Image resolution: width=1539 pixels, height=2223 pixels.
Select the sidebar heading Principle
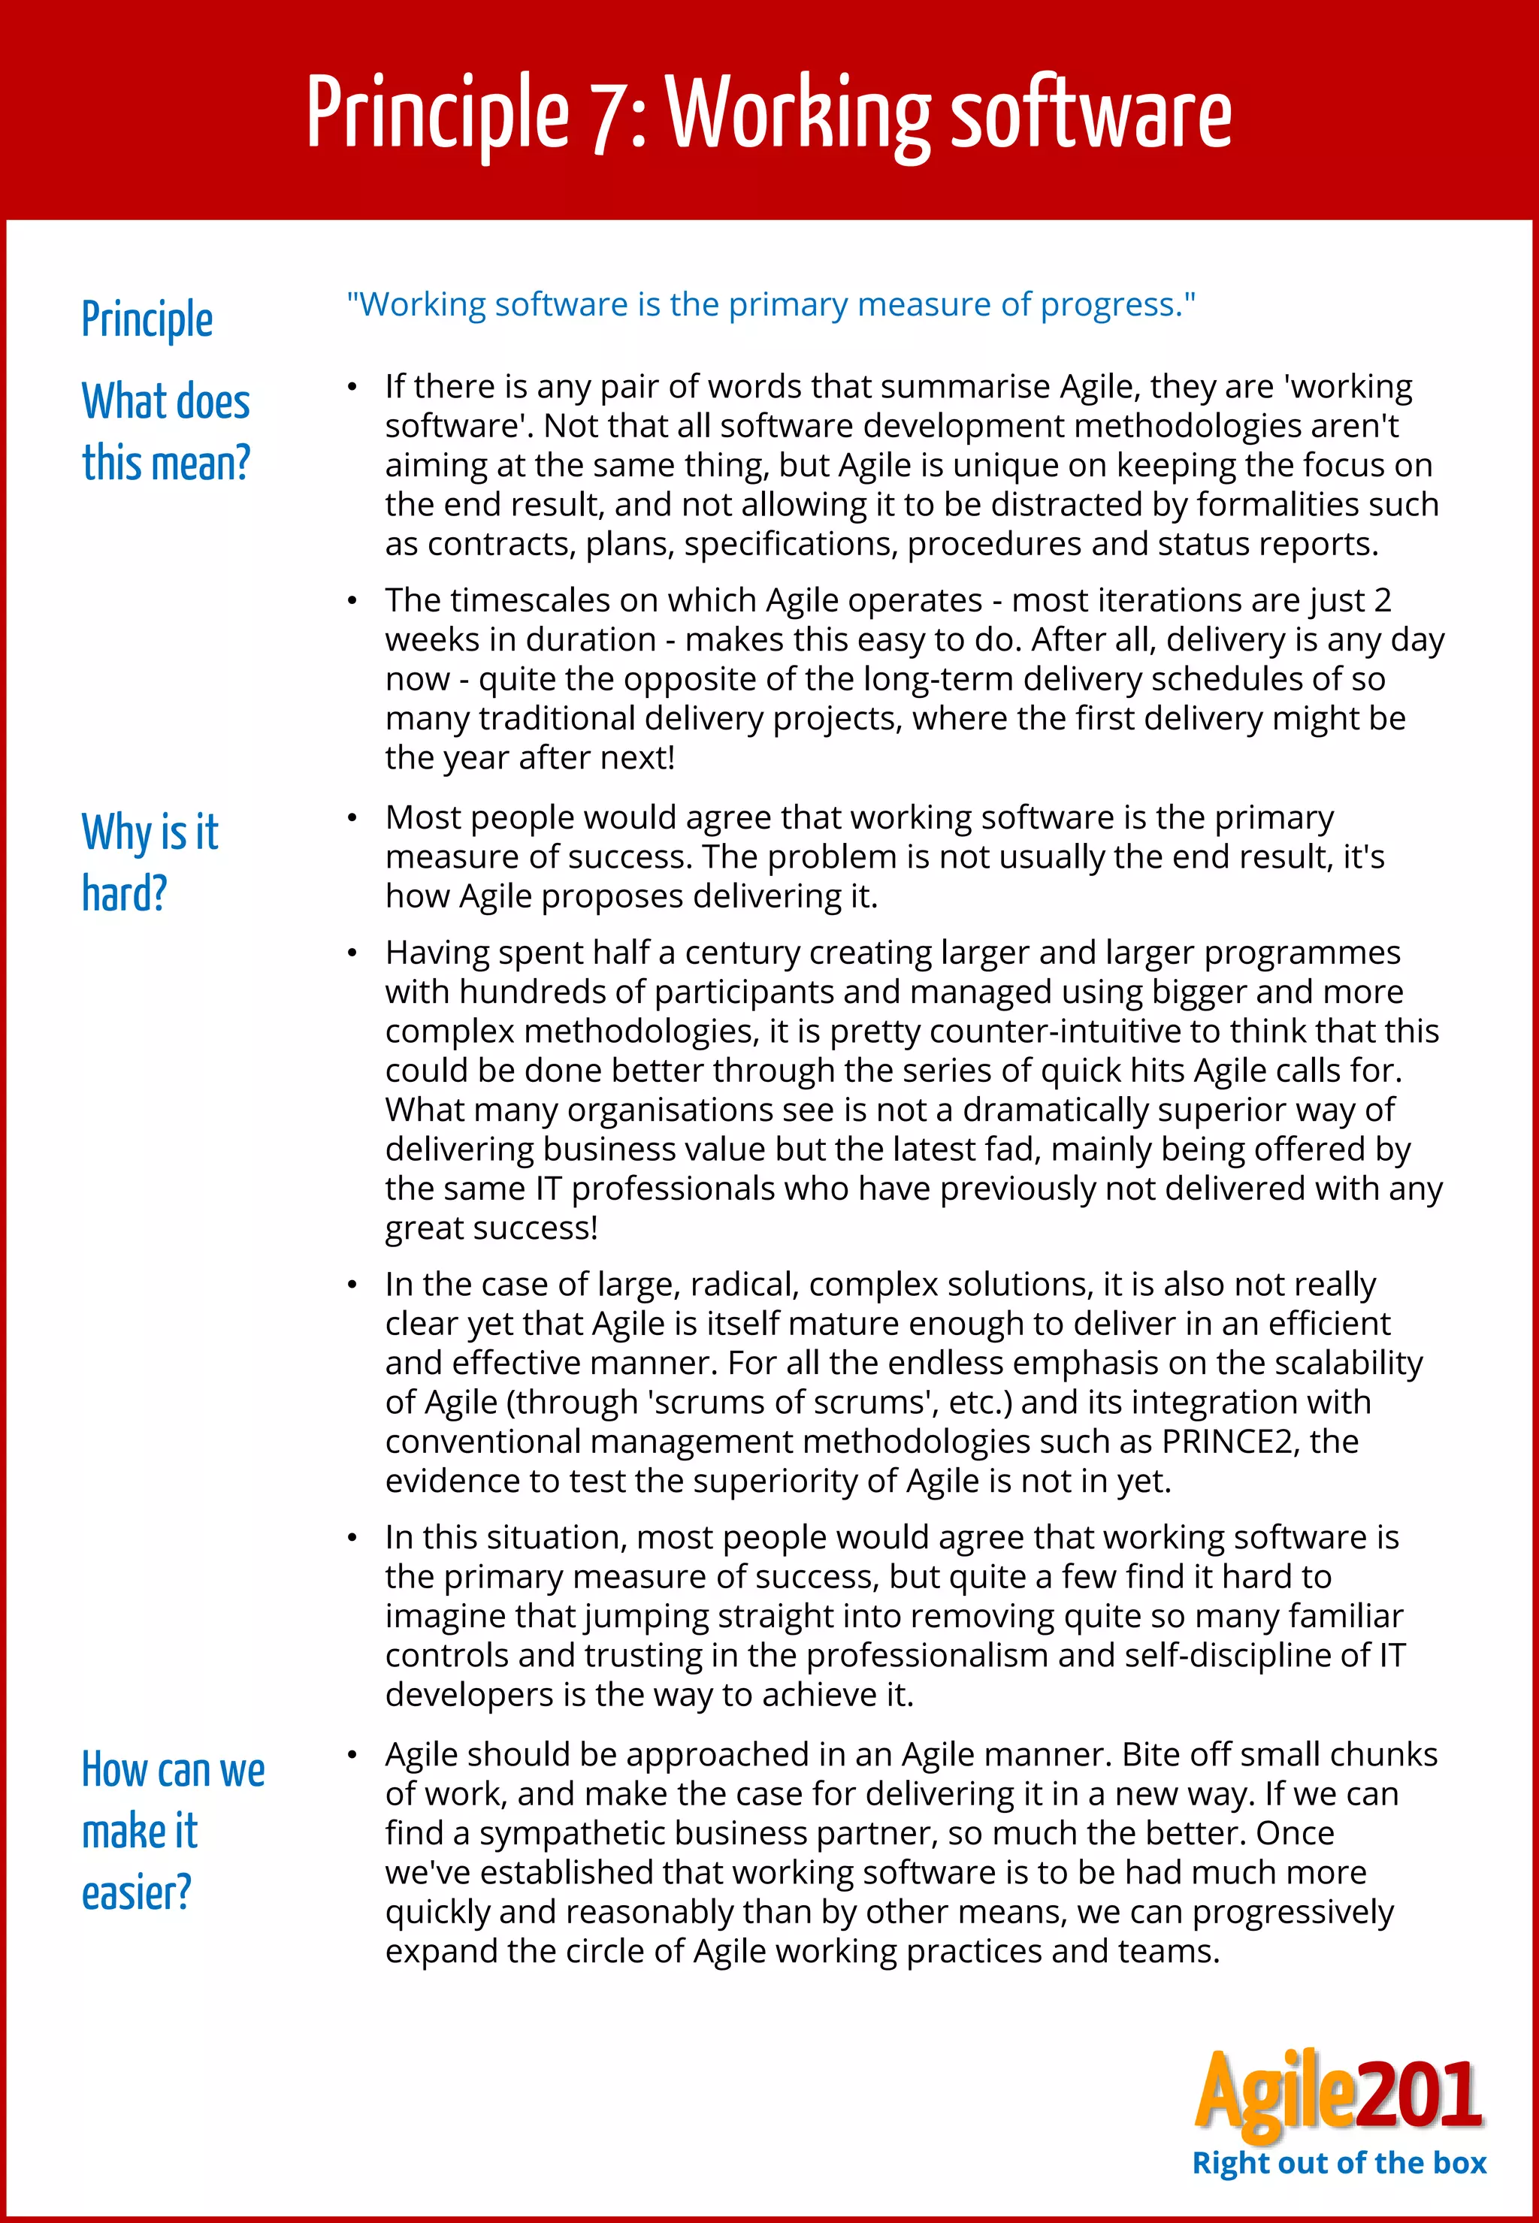pyautogui.click(x=147, y=320)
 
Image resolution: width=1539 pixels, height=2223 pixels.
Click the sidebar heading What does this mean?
pyautogui.click(x=166, y=432)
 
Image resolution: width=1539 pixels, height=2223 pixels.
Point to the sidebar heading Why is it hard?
pyautogui.click(x=150, y=862)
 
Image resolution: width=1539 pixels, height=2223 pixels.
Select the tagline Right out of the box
pyautogui.click(x=1338, y=2163)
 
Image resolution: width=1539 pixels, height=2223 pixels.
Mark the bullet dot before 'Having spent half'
pyautogui.click(x=353, y=953)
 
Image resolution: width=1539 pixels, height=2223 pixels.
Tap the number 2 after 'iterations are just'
pyautogui.click(x=1382, y=600)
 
